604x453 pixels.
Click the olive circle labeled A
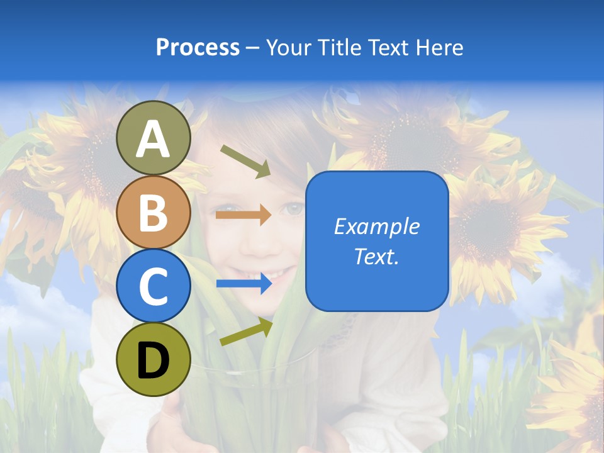pyautogui.click(x=154, y=138)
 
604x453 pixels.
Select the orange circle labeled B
pyautogui.click(x=154, y=212)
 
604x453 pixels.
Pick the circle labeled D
pyautogui.click(x=154, y=359)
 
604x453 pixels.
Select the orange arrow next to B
pyautogui.click(x=243, y=215)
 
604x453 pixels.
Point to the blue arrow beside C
pyautogui.click(x=243, y=284)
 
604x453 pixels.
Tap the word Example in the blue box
pyautogui.click(x=377, y=226)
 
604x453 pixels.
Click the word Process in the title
pyautogui.click(x=198, y=47)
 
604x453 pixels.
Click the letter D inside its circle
pyautogui.click(x=154, y=361)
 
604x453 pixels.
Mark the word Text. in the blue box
pyautogui.click(x=377, y=256)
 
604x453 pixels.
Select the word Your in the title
pyautogui.click(x=289, y=47)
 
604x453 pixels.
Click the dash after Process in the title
pyautogui.click(x=253, y=48)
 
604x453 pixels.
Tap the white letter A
pyautogui.click(x=154, y=139)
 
